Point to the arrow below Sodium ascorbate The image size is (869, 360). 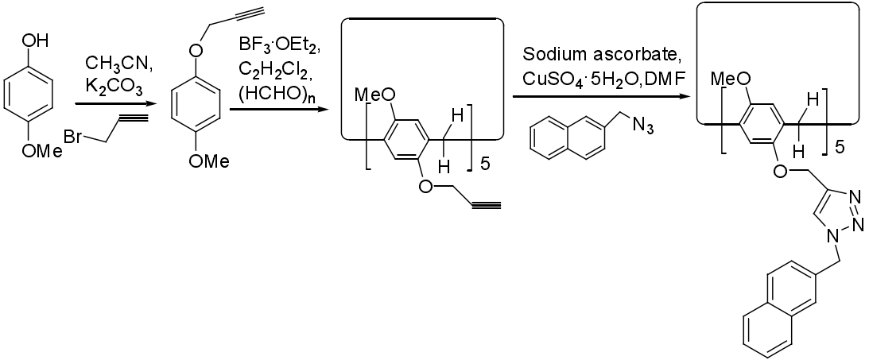click(x=601, y=97)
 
